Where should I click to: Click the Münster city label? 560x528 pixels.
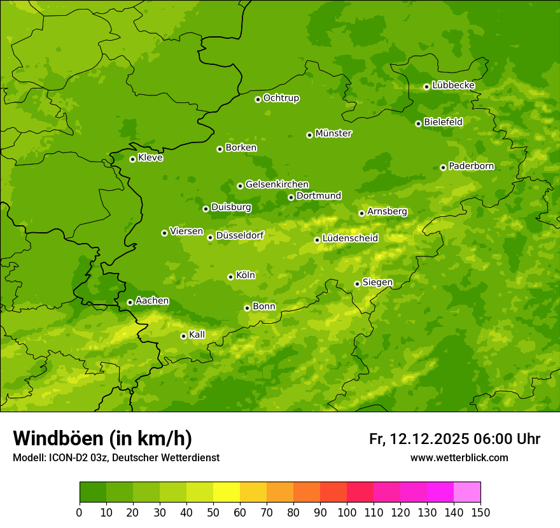333,134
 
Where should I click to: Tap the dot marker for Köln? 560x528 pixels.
230,277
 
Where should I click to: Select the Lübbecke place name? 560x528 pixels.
453,85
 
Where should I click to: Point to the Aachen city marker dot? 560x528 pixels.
130,302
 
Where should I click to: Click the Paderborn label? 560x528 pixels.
471,166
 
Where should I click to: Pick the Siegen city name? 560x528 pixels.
377,282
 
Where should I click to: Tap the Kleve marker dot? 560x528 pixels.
132,159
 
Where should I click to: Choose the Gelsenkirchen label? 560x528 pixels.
277,184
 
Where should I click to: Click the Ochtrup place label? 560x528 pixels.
281,98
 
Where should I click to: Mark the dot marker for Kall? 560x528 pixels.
183,336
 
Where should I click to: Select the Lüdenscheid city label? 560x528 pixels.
350,239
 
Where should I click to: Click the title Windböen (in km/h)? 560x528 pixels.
102,438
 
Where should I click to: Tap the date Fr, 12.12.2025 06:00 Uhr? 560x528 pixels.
454,439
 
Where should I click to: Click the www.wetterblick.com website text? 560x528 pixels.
459,458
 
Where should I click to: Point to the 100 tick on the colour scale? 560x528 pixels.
347,512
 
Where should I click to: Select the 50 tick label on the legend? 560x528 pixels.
213,512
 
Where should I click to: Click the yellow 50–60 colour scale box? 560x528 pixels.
227,492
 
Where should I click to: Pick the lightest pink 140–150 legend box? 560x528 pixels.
467,492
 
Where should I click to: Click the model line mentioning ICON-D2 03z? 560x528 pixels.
116,458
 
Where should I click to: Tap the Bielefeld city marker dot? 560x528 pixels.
418,123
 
